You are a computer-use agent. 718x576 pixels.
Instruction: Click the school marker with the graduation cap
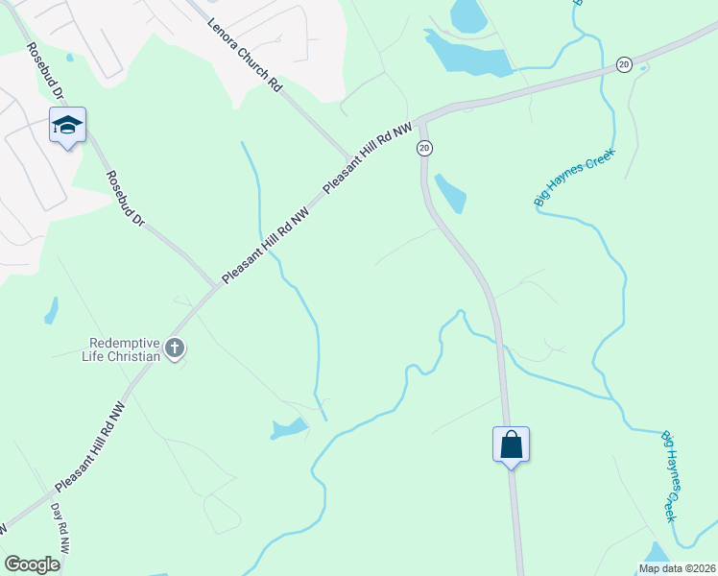click(67, 126)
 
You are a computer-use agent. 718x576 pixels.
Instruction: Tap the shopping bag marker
click(511, 444)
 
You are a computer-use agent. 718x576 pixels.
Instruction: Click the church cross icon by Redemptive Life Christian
click(174, 349)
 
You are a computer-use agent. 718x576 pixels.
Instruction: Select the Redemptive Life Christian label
click(124, 349)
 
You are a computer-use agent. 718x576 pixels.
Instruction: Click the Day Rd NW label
click(61, 528)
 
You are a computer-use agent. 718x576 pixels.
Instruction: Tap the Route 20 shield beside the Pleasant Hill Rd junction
click(424, 148)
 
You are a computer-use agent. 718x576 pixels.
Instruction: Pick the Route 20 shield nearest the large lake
click(624, 64)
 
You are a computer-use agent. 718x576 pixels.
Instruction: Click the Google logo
click(33, 564)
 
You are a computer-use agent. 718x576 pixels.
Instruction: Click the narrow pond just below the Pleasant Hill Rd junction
click(450, 193)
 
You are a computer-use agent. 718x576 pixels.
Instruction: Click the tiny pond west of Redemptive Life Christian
click(51, 311)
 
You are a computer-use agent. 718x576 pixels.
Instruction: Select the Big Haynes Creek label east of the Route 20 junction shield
click(573, 178)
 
